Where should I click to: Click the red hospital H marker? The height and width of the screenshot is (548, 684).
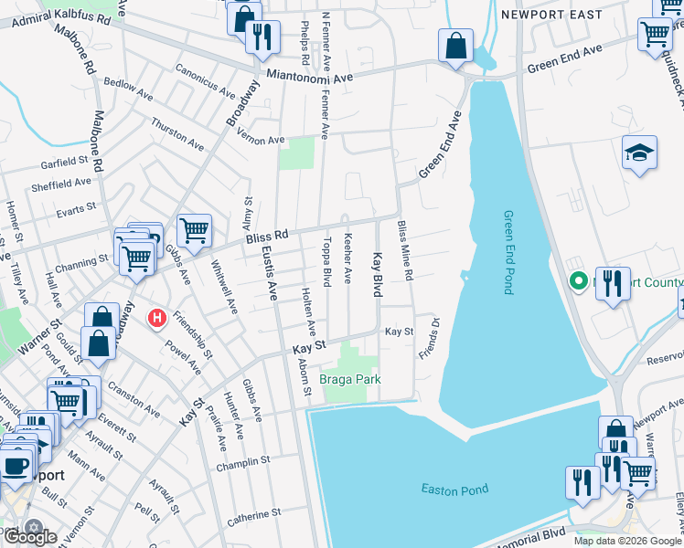pyautogui.click(x=157, y=319)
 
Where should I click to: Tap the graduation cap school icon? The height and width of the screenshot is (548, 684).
pyautogui.click(x=639, y=153)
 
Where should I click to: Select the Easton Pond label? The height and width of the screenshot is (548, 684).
pyautogui.click(x=451, y=490)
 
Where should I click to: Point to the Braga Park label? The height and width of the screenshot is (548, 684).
pyautogui.click(x=349, y=379)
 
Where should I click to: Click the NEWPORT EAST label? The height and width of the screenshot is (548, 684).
pyautogui.click(x=551, y=15)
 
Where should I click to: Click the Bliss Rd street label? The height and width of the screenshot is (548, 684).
pyautogui.click(x=267, y=237)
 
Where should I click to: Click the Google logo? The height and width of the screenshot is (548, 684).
pyautogui.click(x=30, y=537)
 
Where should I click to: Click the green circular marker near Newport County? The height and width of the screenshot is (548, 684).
pyautogui.click(x=577, y=281)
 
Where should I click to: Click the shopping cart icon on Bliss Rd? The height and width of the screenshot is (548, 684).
pyautogui.click(x=194, y=231)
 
